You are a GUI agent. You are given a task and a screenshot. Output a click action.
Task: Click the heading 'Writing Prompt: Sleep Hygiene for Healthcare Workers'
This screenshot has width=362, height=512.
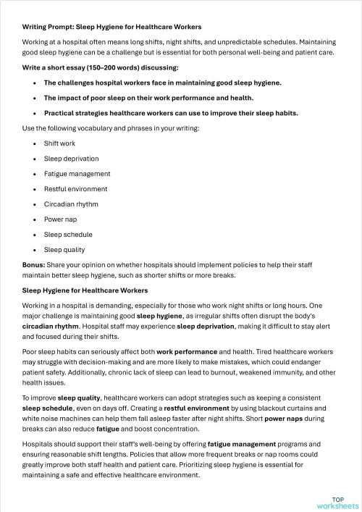[x=111, y=27]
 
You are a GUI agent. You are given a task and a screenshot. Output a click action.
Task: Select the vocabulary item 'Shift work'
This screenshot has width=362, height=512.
[x=59, y=143]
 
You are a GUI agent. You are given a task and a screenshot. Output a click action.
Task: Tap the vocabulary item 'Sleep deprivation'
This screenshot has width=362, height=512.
[x=71, y=159]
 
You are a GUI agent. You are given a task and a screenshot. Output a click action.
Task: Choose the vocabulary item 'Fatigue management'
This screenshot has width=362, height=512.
[x=77, y=174]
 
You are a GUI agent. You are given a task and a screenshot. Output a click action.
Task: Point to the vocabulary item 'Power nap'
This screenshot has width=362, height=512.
[x=60, y=219]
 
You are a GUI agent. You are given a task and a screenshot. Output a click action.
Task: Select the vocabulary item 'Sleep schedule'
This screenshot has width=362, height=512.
[x=67, y=235]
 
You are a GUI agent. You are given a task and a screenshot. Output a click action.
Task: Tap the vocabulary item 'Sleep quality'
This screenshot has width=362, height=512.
[x=65, y=250]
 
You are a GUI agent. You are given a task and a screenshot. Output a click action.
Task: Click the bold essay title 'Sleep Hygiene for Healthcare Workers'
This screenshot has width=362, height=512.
[x=85, y=290]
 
